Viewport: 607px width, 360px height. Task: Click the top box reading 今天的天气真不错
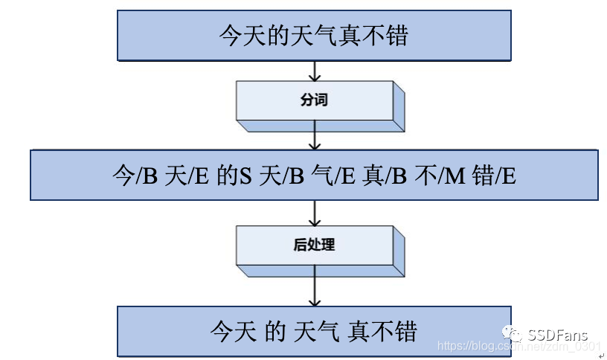[314, 35]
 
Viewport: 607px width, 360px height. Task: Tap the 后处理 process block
[314, 245]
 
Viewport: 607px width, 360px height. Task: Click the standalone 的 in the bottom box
[275, 330]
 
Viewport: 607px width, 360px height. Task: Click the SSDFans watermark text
[558, 335]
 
